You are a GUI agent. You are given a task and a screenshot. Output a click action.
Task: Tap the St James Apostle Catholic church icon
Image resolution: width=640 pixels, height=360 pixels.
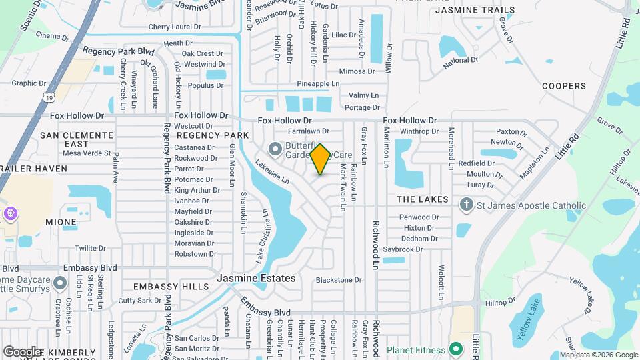click(467, 205)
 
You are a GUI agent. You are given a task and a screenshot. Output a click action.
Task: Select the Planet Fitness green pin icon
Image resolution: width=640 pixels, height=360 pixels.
click(456, 349)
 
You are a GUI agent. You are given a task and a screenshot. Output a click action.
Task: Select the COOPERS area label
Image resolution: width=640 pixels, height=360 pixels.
click(563, 86)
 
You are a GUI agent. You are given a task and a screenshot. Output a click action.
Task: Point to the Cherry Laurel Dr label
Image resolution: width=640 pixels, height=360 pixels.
click(175, 27)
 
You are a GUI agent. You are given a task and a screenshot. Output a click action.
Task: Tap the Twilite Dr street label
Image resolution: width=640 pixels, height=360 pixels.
click(91, 248)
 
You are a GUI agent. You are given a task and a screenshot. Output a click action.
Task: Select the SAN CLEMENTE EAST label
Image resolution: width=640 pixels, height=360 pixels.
click(74, 139)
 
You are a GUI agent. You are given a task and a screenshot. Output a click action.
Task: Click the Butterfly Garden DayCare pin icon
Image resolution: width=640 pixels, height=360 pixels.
click(274, 148)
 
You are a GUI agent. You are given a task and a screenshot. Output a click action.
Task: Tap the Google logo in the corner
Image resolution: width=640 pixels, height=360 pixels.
click(22, 351)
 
